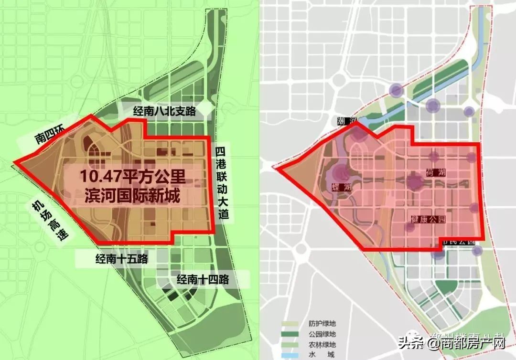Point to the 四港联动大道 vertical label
(220, 183)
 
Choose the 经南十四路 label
(203, 279)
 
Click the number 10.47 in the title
(95, 178)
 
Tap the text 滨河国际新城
(131, 196)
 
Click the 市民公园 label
(458, 242)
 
